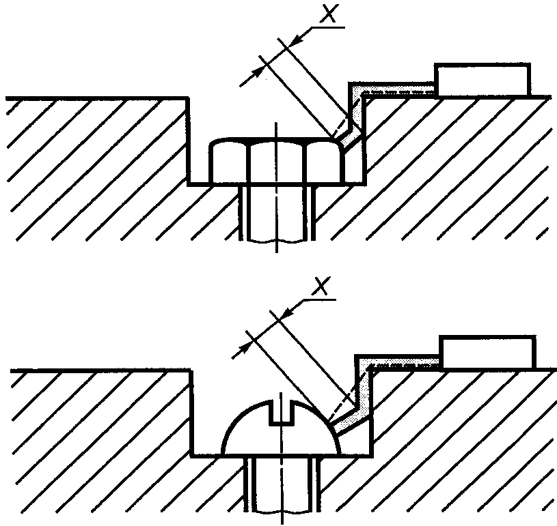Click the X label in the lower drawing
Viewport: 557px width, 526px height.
tap(322, 287)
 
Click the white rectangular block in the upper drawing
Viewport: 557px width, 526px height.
tap(483, 81)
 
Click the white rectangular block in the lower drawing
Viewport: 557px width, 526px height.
tap(487, 352)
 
